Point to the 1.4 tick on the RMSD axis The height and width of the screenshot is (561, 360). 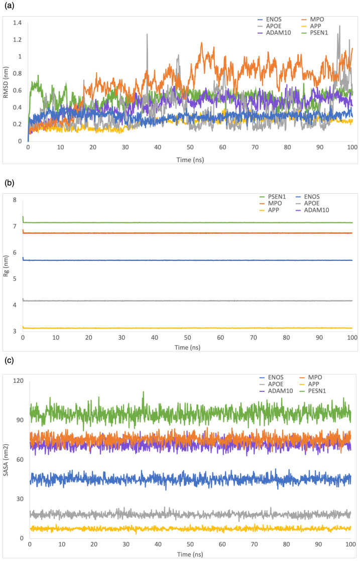[x=18, y=23]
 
